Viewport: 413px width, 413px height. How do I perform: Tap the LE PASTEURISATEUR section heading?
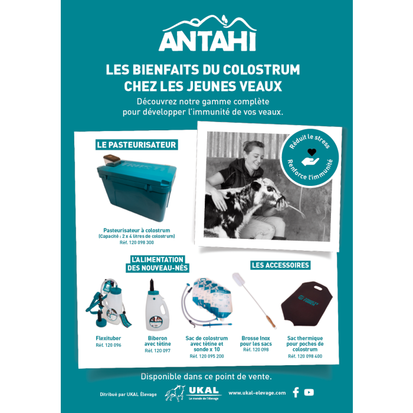tap(137, 145)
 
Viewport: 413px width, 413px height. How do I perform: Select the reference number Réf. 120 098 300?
tap(136, 242)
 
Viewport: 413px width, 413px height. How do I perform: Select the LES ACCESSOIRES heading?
tap(280, 265)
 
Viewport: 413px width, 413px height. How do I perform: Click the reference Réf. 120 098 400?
tap(305, 356)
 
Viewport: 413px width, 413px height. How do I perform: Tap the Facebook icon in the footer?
tap(296, 392)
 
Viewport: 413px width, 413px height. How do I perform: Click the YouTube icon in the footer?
tap(309, 392)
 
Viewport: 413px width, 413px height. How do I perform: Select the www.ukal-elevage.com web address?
tap(257, 392)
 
